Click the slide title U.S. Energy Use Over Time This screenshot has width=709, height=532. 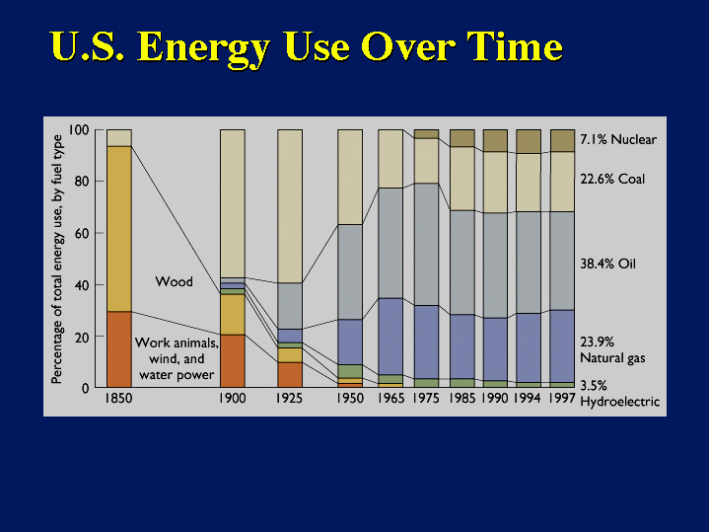306,46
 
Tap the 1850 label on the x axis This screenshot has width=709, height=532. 119,401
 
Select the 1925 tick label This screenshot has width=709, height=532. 290,401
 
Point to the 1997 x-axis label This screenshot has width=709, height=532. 562,401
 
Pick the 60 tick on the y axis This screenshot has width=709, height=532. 81,234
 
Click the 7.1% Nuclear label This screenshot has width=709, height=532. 617,140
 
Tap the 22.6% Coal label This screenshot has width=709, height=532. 611,179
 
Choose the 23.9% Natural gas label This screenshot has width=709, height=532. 611,350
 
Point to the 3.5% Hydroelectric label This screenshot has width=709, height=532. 618,394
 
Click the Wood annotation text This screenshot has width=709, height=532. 174,282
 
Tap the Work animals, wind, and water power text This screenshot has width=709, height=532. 177,358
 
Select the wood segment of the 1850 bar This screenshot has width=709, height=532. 119,228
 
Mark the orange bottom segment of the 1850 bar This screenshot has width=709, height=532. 119,348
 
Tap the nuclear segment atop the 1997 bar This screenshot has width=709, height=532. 562,140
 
